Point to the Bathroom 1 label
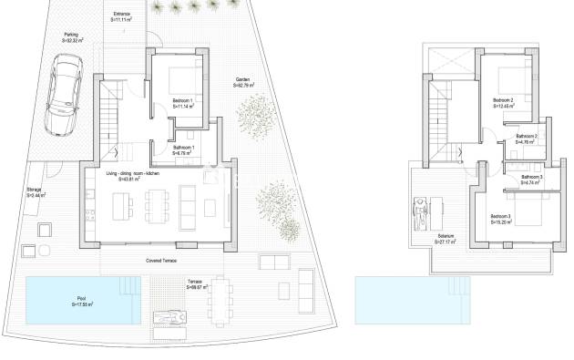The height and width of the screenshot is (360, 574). (x=184, y=148)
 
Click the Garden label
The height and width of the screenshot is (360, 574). (x=243, y=80)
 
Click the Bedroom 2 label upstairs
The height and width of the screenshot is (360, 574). (x=503, y=99)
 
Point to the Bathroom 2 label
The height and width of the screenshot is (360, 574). (x=527, y=137)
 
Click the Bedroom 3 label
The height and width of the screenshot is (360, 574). (x=502, y=216)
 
